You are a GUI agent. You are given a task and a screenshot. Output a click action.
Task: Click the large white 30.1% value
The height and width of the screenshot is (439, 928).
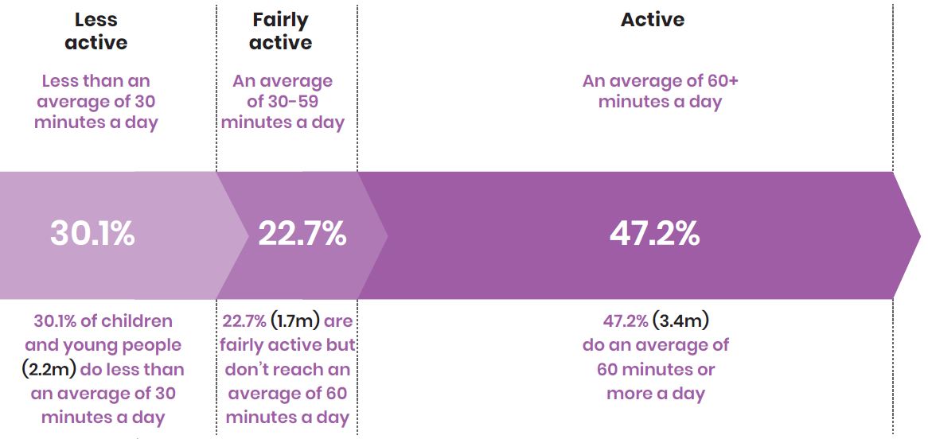(x=92, y=234)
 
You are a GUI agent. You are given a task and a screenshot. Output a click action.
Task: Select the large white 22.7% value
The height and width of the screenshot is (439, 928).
(x=302, y=234)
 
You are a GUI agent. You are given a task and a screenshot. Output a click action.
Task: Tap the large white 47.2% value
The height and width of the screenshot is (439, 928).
(x=654, y=234)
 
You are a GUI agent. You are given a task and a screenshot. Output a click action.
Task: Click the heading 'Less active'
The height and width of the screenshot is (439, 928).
(x=96, y=31)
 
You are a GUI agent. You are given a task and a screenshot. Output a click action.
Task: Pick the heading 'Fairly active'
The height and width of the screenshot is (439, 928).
(x=280, y=31)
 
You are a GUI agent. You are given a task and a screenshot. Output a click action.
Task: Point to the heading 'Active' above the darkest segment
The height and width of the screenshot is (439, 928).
(x=653, y=20)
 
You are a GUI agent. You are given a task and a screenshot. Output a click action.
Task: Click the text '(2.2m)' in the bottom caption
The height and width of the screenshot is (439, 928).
(x=49, y=369)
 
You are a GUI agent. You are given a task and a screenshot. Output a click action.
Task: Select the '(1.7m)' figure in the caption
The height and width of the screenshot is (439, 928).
(x=296, y=321)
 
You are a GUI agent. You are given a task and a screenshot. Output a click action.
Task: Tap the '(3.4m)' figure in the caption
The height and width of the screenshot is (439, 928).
(x=680, y=321)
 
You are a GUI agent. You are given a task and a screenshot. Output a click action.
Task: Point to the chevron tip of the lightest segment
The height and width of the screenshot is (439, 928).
(x=247, y=235)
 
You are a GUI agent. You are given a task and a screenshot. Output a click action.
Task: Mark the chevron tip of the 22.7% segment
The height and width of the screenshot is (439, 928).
(x=386, y=235)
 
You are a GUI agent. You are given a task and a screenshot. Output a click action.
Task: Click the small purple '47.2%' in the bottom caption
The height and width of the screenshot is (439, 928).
(x=626, y=321)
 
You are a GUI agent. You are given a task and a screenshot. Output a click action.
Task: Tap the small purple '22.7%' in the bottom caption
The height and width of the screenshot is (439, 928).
(x=244, y=321)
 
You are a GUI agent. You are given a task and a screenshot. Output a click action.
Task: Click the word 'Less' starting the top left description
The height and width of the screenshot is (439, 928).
(x=61, y=81)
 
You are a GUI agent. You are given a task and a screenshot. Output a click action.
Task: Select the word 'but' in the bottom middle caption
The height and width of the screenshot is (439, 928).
(x=341, y=345)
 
